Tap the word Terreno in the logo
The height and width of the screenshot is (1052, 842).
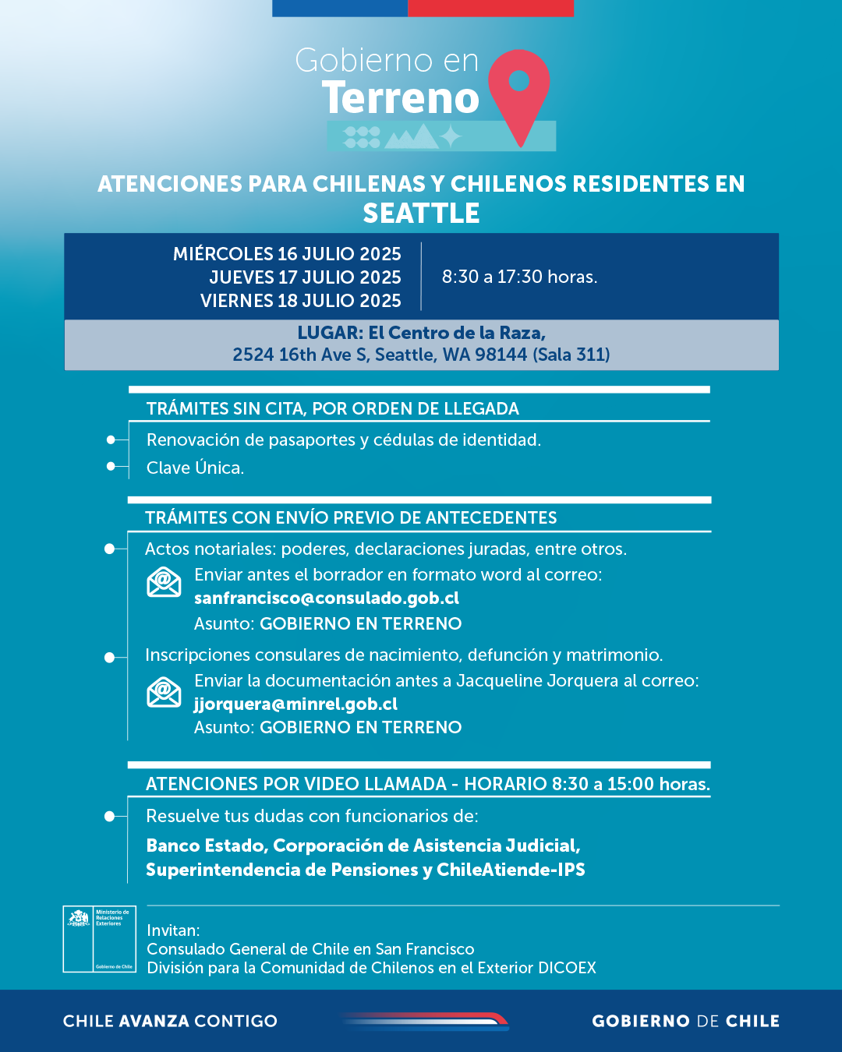pos(401,98)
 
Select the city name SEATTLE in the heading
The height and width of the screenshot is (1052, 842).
pos(421,214)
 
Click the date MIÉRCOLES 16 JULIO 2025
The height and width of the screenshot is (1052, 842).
pos(287,254)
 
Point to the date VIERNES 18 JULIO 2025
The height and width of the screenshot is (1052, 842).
pos(300,301)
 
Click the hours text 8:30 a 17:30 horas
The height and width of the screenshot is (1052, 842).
pos(519,277)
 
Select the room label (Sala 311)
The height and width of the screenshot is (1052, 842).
pos(571,355)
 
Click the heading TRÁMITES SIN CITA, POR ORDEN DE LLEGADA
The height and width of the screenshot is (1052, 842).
pos(333,408)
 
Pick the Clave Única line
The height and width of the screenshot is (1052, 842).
pos(195,468)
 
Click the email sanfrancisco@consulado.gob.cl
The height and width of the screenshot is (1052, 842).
pos(327,598)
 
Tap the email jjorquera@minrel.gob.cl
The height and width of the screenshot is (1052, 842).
pos(295,704)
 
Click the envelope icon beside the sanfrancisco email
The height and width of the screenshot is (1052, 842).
pos(164,582)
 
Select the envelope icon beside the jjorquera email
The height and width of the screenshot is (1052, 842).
pos(164,691)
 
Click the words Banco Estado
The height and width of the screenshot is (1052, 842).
pos(207,845)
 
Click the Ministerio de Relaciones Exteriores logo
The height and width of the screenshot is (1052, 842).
pos(100,939)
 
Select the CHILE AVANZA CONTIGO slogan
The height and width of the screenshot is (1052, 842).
pos(170,1021)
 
